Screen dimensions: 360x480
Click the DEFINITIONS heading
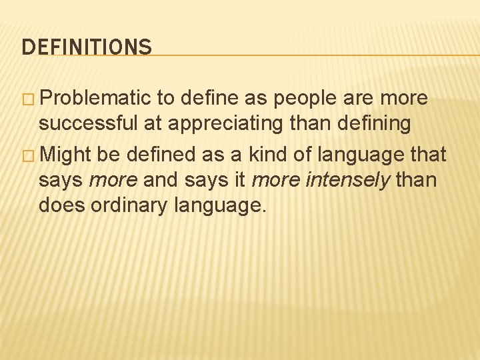pos(87,47)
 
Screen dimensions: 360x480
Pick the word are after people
pos(361,99)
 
